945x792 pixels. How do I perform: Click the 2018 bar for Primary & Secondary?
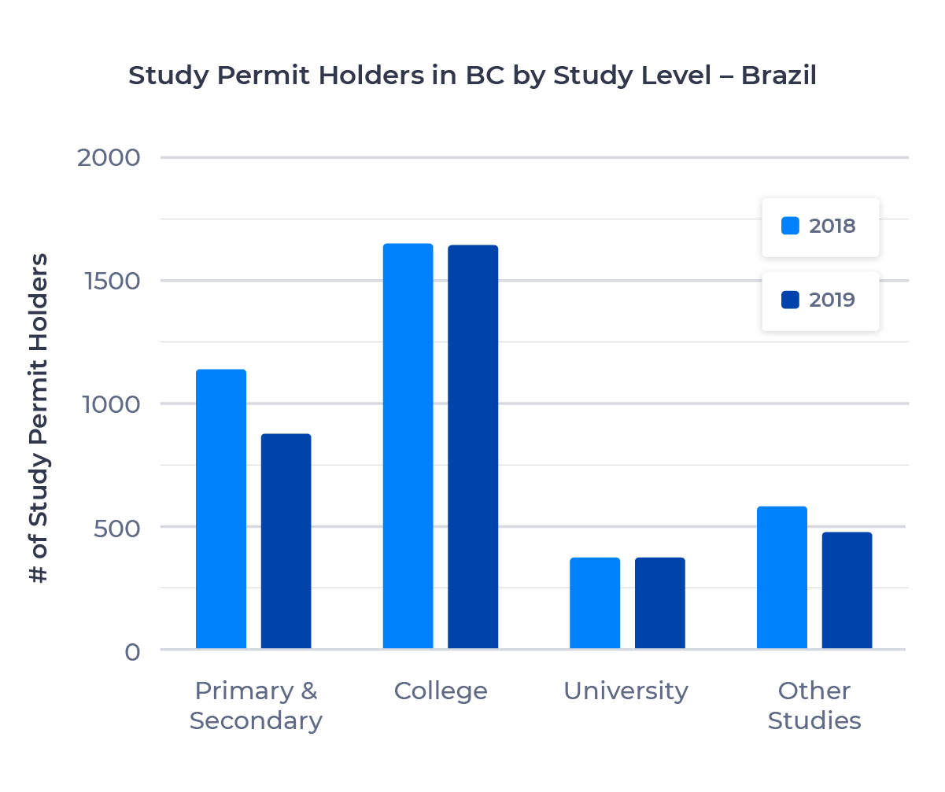pos(221,509)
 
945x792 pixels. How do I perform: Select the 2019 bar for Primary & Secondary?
pos(286,541)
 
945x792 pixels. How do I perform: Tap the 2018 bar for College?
pos(408,446)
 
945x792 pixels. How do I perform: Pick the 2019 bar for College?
pos(473,447)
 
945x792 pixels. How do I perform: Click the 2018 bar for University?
pos(595,603)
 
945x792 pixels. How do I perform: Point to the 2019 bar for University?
pos(660,603)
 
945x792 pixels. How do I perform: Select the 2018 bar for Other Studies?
pos(782,577)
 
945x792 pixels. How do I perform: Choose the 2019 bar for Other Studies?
pos(847,591)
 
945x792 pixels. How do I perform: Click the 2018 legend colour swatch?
pos(790,226)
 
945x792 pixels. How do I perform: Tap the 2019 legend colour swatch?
pos(790,300)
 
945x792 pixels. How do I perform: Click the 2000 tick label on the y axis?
pos(109,157)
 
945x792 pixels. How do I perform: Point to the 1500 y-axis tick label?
pos(109,281)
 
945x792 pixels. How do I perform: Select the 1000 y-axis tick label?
pos(109,404)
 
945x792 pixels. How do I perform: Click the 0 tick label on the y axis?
pos(131,651)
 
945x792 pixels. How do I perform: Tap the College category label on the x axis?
pos(441,691)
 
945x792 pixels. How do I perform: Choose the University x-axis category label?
pos(626,691)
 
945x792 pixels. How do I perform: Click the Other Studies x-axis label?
pos(814,705)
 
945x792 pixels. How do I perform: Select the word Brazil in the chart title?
pos(779,76)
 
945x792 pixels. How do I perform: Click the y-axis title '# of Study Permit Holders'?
pos(39,418)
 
